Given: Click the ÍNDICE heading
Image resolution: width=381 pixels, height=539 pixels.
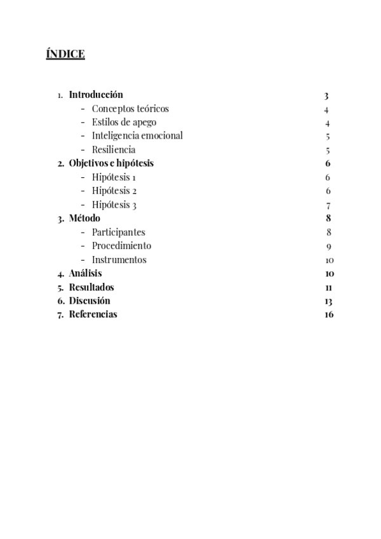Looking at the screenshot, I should point(65,54).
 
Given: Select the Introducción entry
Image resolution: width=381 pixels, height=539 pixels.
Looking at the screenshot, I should point(96,95).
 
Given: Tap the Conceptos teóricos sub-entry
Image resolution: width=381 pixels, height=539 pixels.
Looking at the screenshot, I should point(130,109).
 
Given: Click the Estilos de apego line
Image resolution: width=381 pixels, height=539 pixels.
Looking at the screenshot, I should point(124,122).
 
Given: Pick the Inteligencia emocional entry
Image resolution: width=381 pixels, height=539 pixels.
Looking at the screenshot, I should point(137,136).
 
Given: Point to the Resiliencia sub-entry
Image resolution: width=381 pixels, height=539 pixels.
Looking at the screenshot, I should point(114,150).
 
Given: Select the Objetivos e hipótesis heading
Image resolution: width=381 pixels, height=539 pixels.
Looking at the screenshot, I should point(111,163).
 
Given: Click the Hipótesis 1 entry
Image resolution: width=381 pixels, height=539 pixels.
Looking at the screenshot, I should point(114,177).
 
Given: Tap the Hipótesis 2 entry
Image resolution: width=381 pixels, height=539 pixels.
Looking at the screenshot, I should point(114,191).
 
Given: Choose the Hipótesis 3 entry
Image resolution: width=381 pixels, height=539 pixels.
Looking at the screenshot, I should point(114,205).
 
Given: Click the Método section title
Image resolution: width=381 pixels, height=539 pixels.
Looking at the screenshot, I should point(84,219).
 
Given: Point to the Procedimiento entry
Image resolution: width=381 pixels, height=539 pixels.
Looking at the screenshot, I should point(121,245).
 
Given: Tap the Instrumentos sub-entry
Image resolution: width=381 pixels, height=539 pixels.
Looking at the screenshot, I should point(119,259).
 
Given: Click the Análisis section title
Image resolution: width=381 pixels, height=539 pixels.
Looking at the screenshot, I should point(85,273).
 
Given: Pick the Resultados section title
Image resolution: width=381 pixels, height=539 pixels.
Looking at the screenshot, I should point(91,287).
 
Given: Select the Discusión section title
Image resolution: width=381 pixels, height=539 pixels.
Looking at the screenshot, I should point(90,301).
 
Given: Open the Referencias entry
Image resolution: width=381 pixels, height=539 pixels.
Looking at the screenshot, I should point(93,314).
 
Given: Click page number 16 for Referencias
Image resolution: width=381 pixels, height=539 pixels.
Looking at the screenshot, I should point(328,314).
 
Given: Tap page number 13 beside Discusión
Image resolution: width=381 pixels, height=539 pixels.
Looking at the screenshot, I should point(328,301).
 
